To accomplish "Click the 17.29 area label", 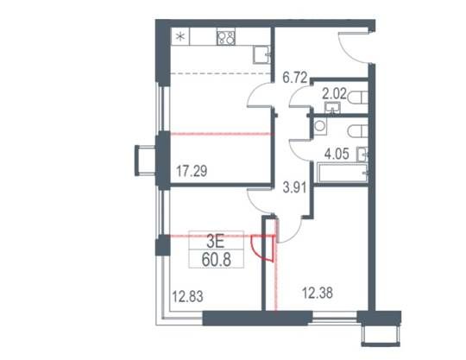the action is click(192, 171).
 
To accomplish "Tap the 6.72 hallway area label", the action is click(294, 78).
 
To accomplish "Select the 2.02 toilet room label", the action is click(334, 94).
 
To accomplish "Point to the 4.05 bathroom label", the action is click(337, 154).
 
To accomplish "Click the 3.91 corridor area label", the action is click(294, 187).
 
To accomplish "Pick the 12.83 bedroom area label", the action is click(188, 296).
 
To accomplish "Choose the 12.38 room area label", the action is click(318, 293).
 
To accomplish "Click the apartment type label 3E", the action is click(216, 243).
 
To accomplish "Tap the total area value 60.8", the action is click(217, 260).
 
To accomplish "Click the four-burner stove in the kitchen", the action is click(226, 36).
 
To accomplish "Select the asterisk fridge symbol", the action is click(180, 36).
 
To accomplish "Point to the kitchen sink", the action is click(261, 54).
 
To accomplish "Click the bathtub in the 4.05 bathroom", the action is click(342, 172).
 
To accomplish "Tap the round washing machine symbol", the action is click(320, 125).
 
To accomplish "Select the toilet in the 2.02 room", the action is click(357, 98).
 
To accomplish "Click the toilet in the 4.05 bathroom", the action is click(357, 131).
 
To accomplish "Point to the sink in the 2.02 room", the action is click(332, 108).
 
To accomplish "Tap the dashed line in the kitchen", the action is click(221, 73).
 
